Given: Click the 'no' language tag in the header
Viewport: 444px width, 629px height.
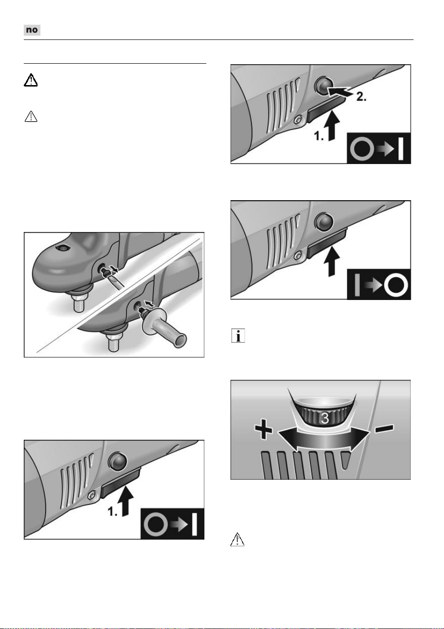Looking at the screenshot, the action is tap(32, 30).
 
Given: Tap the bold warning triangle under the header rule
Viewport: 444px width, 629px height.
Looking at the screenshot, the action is tap(30, 80).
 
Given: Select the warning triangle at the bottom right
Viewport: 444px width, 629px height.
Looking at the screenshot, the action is tap(237, 539).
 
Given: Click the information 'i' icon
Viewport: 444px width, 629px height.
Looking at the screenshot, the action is tap(238, 336).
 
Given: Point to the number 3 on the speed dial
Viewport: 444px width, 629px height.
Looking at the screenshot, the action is tap(325, 418).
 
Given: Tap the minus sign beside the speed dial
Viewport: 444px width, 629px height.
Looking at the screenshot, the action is tap(385, 428).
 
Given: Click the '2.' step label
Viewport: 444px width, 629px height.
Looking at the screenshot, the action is tap(361, 97).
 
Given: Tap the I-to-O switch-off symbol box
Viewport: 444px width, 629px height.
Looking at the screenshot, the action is tap(379, 284).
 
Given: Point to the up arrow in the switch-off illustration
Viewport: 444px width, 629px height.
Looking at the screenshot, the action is tap(331, 261).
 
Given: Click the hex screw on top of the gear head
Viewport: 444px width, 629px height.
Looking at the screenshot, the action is tap(61, 248).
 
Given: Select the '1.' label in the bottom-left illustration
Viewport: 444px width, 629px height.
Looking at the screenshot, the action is tap(113, 512).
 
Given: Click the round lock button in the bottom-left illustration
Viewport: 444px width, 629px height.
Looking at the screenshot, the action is tap(118, 461).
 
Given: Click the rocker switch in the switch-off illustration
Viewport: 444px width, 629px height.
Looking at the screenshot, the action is tap(327, 243).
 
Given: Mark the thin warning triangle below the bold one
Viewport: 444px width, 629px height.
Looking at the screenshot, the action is tap(31, 116).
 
